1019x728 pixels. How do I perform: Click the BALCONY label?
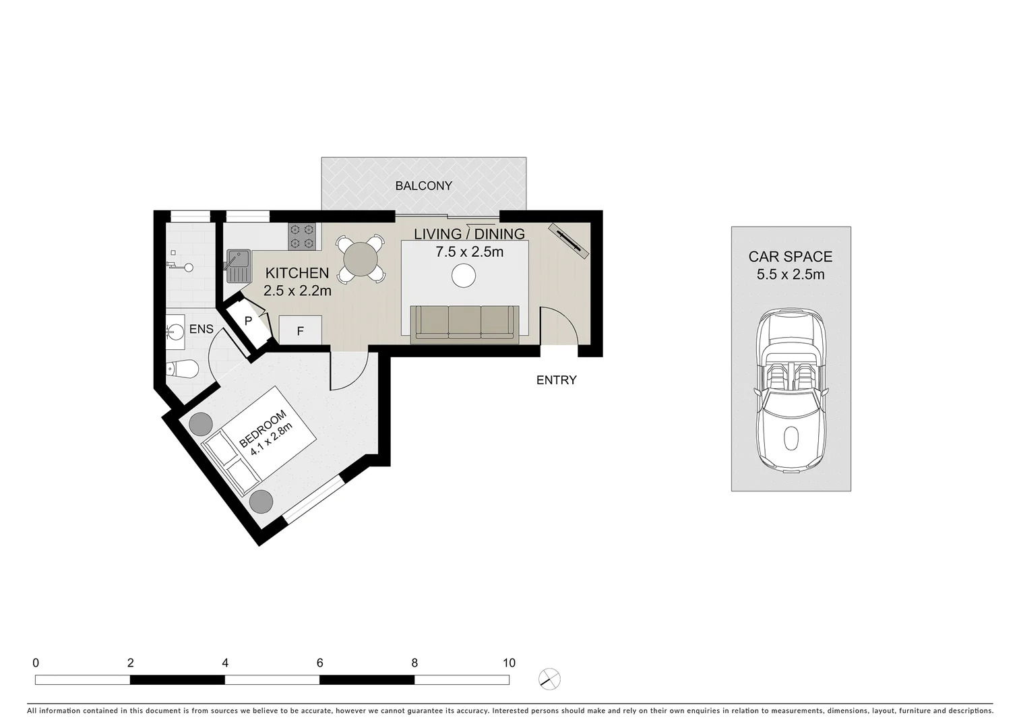(423, 185)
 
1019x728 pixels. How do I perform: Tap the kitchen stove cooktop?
(302, 236)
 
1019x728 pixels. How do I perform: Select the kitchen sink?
(237, 265)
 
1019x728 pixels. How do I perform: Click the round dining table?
(361, 257)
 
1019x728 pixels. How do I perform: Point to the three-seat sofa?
(464, 324)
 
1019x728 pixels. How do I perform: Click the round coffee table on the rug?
(464, 275)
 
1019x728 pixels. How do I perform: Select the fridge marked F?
(300, 331)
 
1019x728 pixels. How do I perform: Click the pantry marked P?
(248, 322)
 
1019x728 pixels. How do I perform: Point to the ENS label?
(201, 329)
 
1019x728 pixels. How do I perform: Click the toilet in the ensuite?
(183, 369)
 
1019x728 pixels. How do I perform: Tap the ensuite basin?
(175, 331)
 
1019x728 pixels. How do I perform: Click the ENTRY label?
(556, 380)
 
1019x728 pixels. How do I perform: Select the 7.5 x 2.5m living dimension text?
(469, 252)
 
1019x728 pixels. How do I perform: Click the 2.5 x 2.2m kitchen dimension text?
(297, 291)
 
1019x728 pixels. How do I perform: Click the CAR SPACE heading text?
(790, 256)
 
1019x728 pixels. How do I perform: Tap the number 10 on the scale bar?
(509, 663)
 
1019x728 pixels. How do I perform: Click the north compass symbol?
(550, 679)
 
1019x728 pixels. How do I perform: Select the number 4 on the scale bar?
(225, 663)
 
